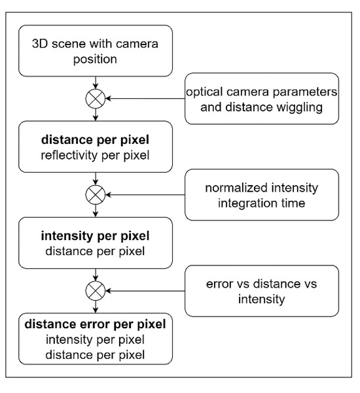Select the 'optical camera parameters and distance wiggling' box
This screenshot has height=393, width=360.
coord(261,99)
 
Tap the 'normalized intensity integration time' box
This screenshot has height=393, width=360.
coord(261,194)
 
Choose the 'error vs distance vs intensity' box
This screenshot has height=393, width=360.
coord(261,290)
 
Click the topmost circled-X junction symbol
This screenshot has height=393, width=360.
coord(96,99)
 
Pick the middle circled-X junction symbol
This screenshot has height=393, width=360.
coord(96,194)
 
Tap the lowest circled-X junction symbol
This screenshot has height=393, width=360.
coord(96,290)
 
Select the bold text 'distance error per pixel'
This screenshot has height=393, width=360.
coord(96,323)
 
